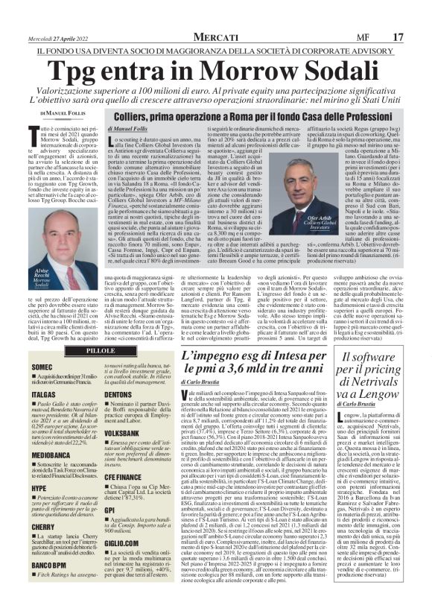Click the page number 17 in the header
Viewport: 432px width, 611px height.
tap(418, 37)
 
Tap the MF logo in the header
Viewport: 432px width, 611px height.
tap(384, 37)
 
